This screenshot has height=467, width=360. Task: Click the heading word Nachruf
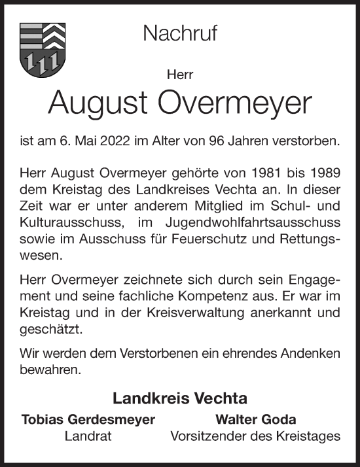pos(179,34)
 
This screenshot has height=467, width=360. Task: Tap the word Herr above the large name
pos(180,75)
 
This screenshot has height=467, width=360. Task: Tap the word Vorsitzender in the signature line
pos(204,436)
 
